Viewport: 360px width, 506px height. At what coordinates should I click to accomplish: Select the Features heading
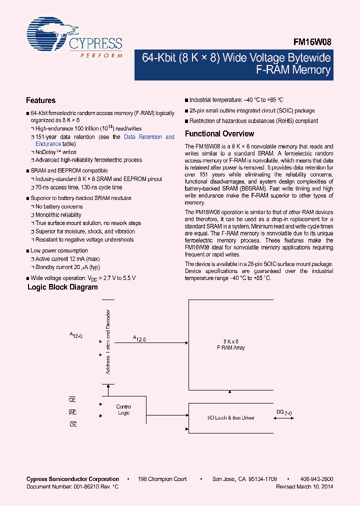coord(41,100)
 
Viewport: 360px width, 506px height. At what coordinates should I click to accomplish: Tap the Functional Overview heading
coord(219,134)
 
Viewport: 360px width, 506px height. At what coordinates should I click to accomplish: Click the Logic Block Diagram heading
coord(62,287)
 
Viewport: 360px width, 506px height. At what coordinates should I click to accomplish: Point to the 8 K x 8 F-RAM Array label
coord(230,344)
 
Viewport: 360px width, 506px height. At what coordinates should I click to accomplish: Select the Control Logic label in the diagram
coord(123,409)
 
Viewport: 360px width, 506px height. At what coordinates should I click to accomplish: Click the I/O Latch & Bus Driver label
coord(230,417)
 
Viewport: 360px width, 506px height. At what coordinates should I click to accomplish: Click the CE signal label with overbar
coord(72,400)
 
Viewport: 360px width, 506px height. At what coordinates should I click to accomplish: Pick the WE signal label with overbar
coord(72,412)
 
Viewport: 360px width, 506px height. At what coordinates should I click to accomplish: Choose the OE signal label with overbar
coord(72,424)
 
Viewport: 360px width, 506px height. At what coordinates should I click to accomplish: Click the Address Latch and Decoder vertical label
coord(108,342)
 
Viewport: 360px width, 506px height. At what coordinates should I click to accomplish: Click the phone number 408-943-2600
coord(317,479)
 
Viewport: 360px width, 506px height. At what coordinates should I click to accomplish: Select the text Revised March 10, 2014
coord(304,486)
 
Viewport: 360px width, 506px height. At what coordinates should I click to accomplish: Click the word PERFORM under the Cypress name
coord(101,56)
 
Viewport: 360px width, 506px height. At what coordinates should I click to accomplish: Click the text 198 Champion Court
coord(162,479)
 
